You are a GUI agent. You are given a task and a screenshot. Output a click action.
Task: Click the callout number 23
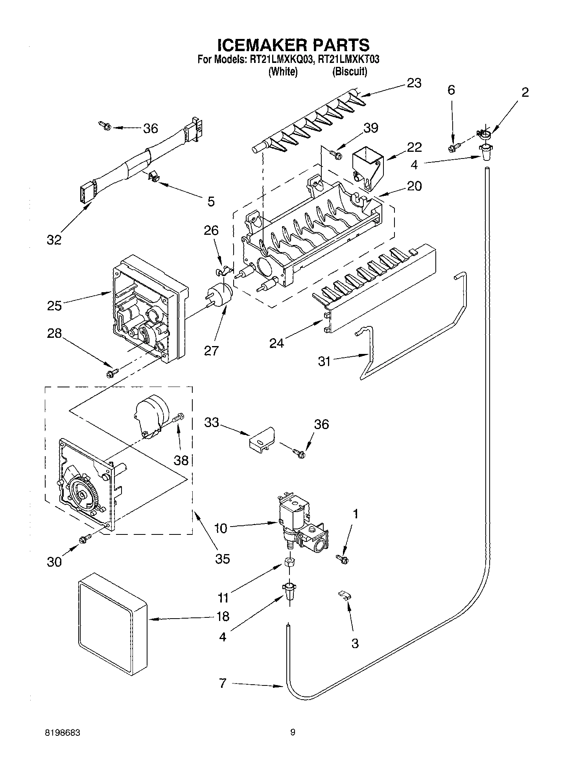(x=413, y=83)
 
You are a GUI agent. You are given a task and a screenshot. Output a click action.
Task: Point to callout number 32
(x=54, y=239)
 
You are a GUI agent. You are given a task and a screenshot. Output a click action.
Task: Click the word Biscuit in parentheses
(x=350, y=72)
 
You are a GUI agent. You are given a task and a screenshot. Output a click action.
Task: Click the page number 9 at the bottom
(x=293, y=732)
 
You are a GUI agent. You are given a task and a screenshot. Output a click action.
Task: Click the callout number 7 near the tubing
(x=223, y=683)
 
